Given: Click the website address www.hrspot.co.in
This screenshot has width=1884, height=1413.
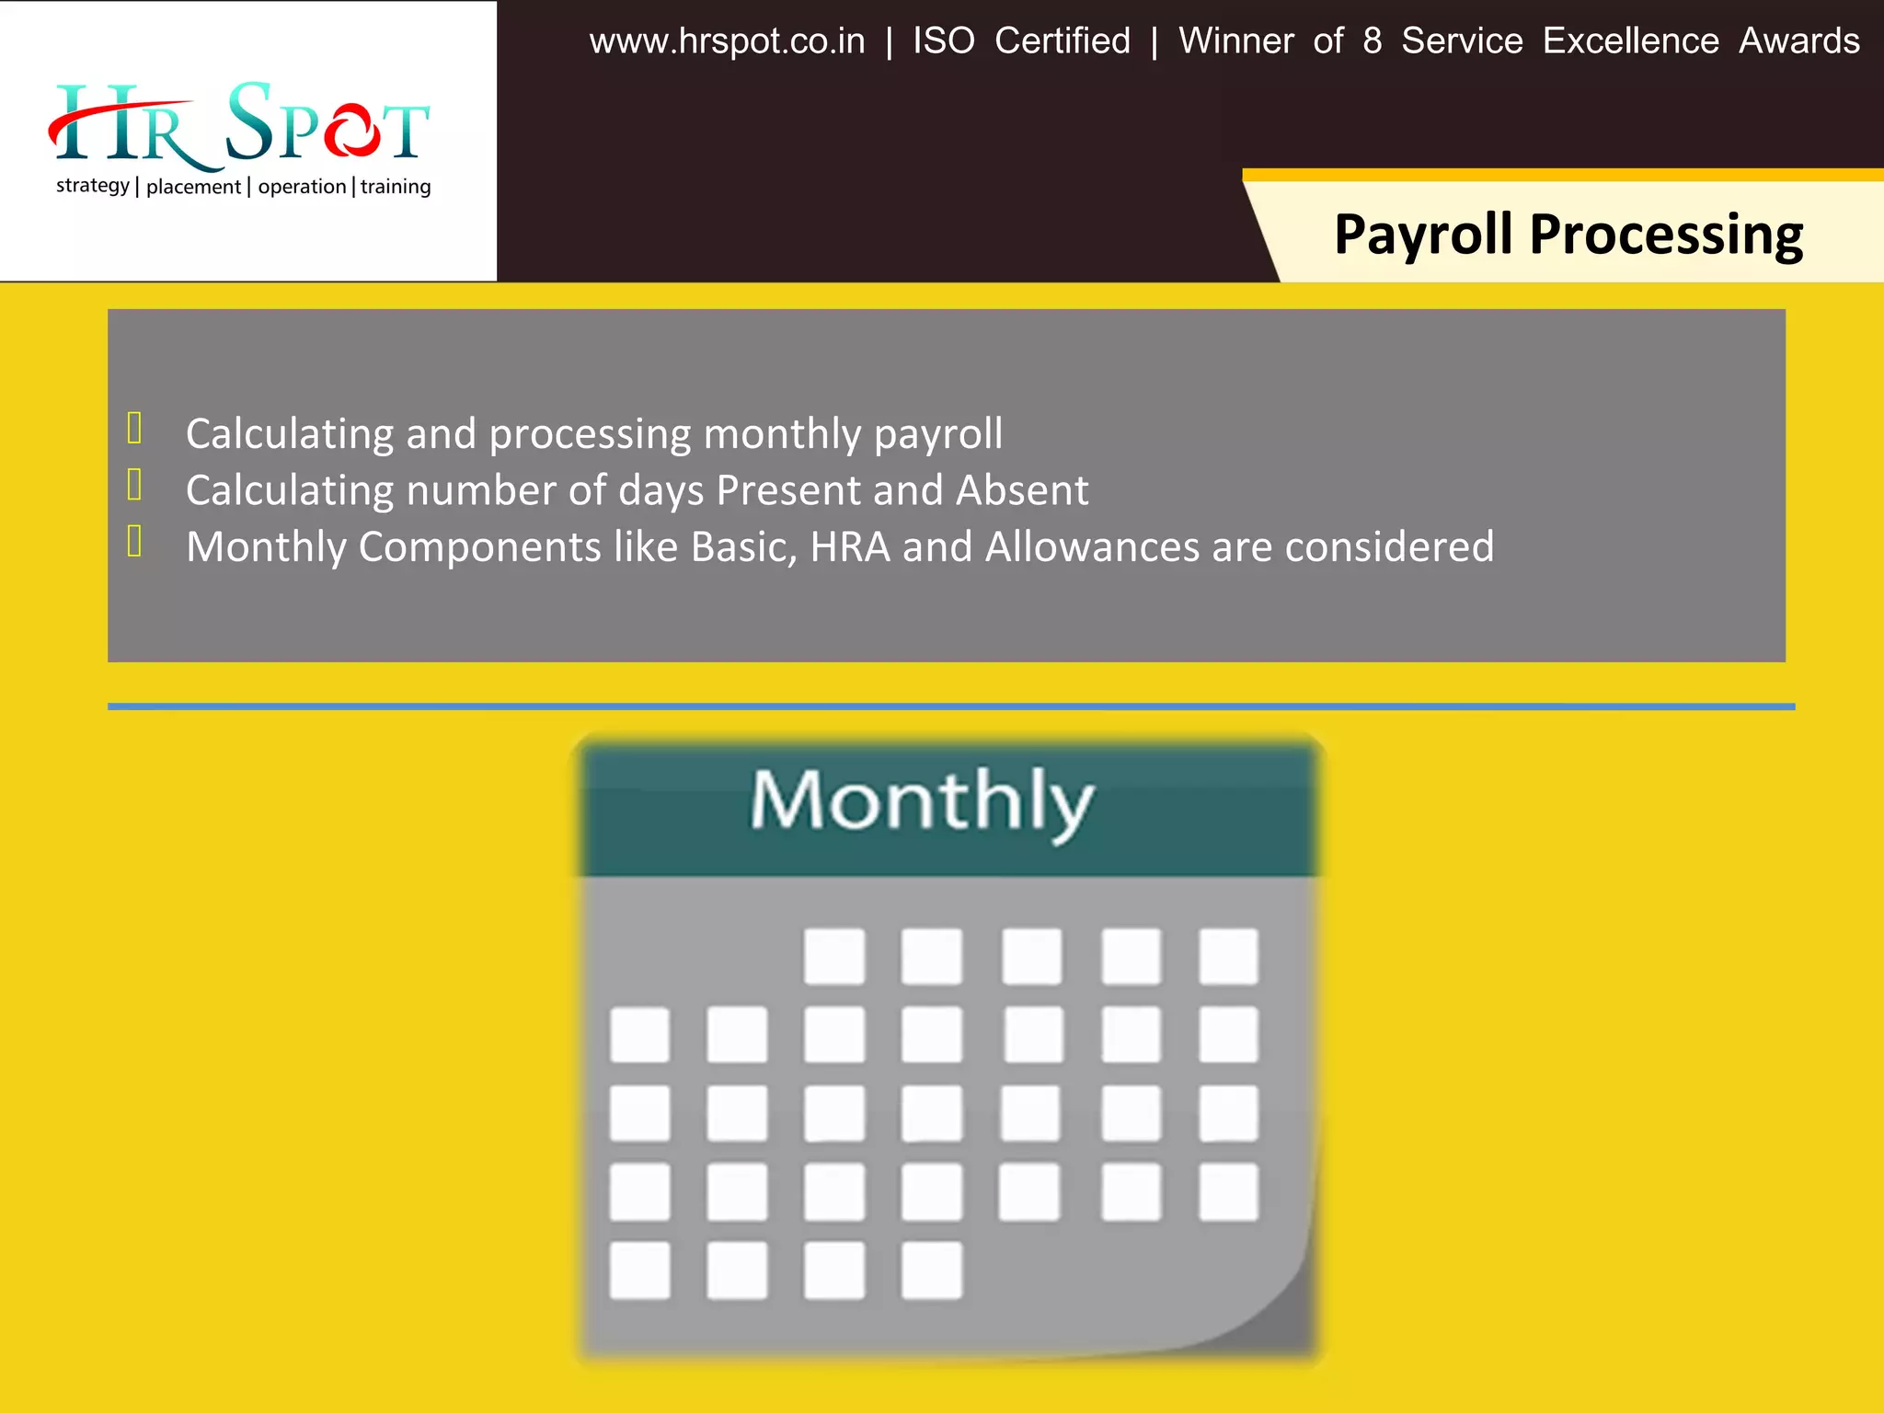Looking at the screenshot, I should (x=727, y=42).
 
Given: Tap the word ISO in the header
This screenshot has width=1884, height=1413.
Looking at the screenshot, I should (x=943, y=41).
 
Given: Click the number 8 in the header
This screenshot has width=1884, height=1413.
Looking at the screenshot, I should (x=1372, y=41).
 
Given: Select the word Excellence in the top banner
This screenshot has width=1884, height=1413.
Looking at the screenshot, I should (x=1630, y=41).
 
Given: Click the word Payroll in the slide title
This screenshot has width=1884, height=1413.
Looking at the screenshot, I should (x=1422, y=235).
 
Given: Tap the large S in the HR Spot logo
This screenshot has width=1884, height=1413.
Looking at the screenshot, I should (x=249, y=121).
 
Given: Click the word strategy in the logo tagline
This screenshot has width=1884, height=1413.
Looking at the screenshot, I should (x=92, y=186).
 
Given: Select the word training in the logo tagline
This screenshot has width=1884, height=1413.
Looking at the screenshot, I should (x=396, y=187).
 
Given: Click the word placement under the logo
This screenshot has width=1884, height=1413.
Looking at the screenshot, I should (x=193, y=187).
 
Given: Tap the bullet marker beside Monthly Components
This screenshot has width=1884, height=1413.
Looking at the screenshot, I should (x=134, y=542).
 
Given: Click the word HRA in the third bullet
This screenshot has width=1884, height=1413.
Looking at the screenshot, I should (x=850, y=547).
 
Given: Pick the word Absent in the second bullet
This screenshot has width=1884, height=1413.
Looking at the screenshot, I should (x=1021, y=490).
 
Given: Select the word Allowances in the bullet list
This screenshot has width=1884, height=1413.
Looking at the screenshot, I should (x=1093, y=547).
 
